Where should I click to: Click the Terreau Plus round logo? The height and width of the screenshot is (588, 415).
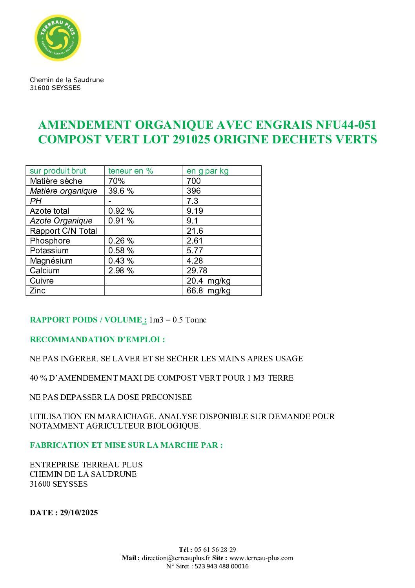[58, 38]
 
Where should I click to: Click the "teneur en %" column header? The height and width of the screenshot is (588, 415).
[131, 171]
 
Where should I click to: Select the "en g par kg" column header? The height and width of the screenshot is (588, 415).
[207, 171]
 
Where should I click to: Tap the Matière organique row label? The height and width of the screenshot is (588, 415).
[64, 191]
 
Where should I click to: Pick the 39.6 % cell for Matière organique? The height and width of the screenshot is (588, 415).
[121, 191]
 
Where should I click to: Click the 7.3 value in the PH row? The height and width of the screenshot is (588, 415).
[193, 201]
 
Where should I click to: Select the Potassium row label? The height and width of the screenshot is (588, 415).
[49, 251]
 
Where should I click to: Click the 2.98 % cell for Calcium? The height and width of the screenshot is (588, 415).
[121, 271]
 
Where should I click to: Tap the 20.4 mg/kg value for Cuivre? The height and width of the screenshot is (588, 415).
[208, 281]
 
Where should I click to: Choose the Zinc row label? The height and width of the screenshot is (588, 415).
[38, 291]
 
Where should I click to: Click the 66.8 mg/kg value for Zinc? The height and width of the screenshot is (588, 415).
[208, 291]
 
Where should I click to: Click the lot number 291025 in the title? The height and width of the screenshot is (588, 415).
[191, 139]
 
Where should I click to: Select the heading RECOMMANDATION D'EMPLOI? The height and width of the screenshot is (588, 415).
[97, 339]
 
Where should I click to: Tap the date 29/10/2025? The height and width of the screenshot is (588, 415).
[79, 513]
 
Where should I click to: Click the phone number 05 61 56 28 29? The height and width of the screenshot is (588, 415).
[215, 550]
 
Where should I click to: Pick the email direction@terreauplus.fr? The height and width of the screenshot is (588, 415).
[176, 558]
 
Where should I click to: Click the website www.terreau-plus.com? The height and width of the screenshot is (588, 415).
[261, 558]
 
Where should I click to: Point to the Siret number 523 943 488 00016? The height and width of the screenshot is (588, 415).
[222, 566]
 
